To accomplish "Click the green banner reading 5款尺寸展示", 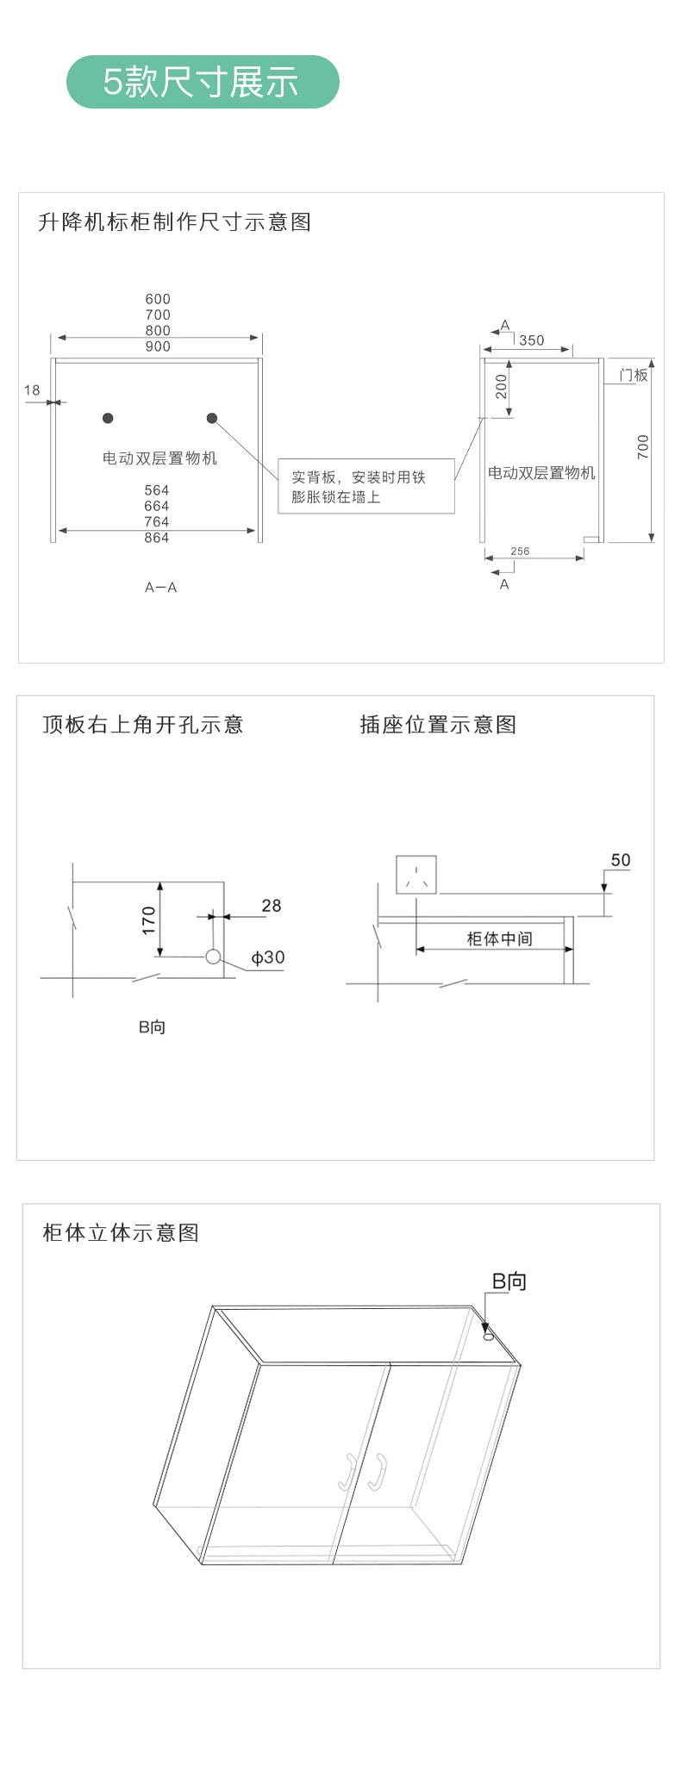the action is pos(203,82).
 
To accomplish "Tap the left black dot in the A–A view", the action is pos(108,418).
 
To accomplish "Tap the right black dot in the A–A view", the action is pos(212,418).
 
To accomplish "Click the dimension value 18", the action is pos(32,390).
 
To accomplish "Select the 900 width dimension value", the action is pos(158,346).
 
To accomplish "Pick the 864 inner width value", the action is pos(157,538).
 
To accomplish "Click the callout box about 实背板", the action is pos(366,486).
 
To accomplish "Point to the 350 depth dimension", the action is pos(532,340).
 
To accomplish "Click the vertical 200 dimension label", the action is pos(502,386).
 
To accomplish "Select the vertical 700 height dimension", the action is pos(643,446).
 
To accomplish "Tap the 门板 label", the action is pos(634,375).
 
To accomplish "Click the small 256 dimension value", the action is pos(520,552).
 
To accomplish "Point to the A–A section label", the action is pos(160,588).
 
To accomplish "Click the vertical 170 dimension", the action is pos(149,920).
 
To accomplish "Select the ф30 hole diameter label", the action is pos(268,957).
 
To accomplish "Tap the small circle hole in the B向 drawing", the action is pos(213,957).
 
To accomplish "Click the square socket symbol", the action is pos(416,875).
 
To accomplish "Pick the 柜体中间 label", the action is pos(500,938).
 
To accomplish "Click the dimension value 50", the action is pos(621,860).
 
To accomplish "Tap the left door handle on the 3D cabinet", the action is pos(347,1472).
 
